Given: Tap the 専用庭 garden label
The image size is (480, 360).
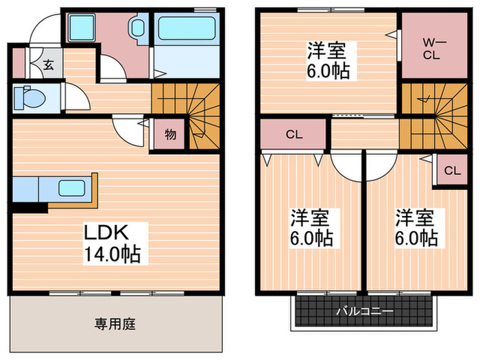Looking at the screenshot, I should pos(115,324).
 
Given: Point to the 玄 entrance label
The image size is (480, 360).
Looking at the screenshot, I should pos(49,66).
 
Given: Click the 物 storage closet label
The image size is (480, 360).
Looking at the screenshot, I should pos(170,134).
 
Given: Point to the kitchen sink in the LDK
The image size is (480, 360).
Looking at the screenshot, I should pos(71,188).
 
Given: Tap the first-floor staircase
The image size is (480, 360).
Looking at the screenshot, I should pos(195,110).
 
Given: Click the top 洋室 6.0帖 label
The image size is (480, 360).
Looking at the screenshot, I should pos(326,60).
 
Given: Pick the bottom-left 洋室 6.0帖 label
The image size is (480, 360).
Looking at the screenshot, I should pos(311,228).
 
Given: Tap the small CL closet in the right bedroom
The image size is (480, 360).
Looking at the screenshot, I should pos(451,171).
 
